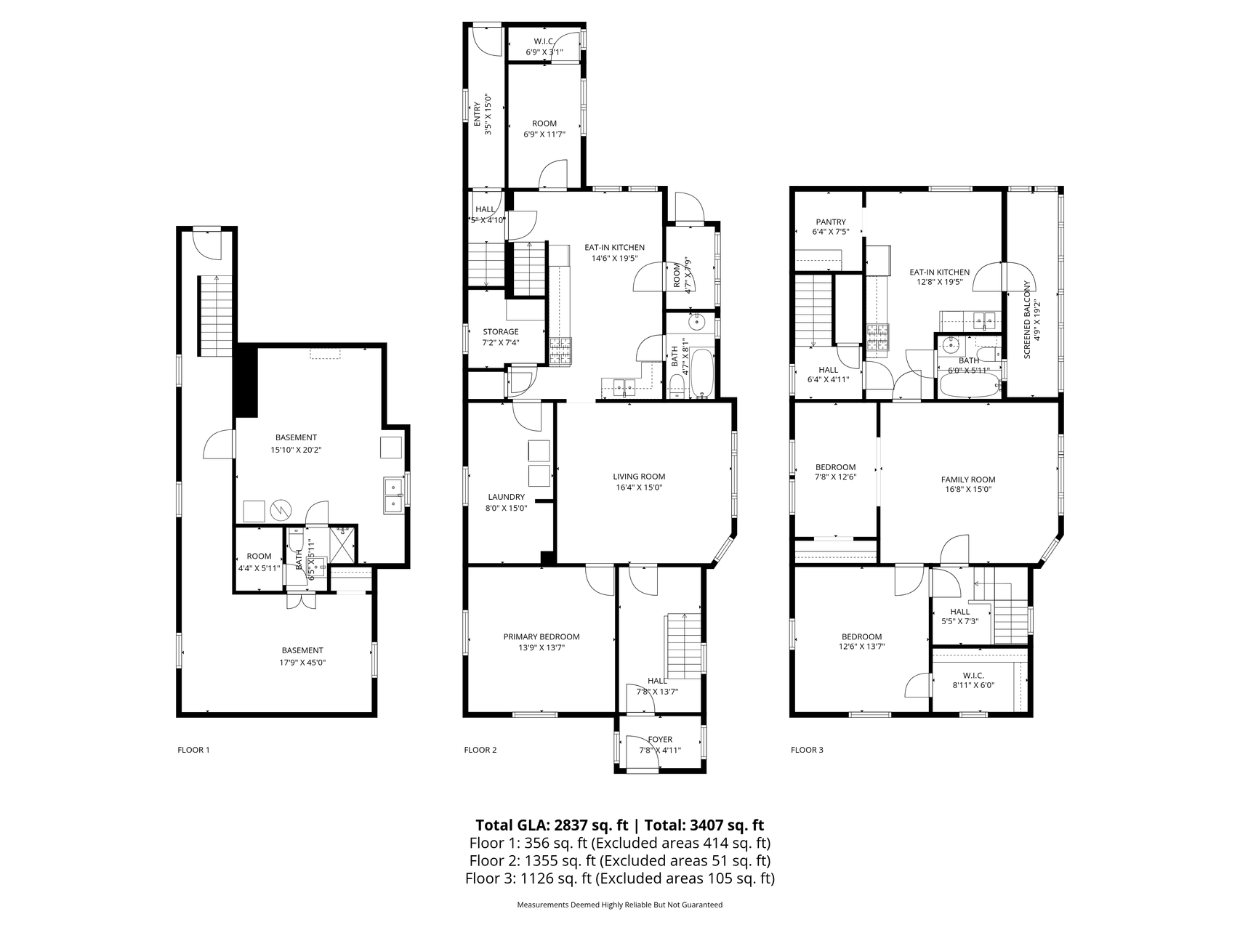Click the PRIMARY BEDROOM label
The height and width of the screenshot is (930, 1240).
click(541, 636)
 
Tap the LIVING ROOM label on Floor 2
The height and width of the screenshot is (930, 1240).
click(638, 477)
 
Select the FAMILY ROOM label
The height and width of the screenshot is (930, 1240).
click(967, 480)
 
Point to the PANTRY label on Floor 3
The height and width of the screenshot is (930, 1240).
click(830, 222)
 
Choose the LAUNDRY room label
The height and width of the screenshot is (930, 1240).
click(506, 497)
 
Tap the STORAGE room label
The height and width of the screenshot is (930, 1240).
click(500, 331)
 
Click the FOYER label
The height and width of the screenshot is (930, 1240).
click(660, 739)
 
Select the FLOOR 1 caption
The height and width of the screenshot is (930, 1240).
click(193, 750)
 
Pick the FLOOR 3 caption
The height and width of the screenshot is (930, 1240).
click(807, 750)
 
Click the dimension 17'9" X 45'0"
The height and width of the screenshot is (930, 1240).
click(302, 663)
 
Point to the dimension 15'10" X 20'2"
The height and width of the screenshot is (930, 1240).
click(296, 450)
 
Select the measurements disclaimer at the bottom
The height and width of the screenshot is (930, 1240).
click(619, 905)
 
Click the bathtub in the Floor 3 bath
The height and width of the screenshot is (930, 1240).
click(969, 387)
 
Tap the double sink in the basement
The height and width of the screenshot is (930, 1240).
click(393, 495)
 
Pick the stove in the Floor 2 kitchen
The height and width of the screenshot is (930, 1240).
click(560, 351)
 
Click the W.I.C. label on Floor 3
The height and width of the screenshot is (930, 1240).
click(973, 675)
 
